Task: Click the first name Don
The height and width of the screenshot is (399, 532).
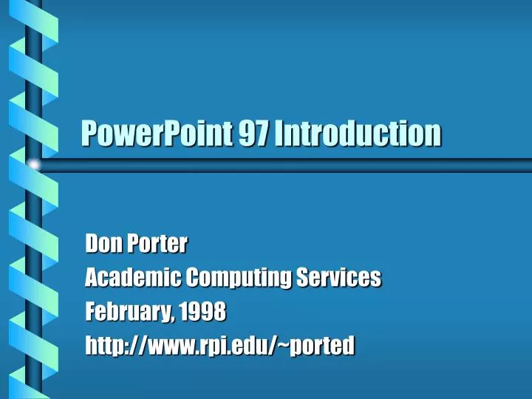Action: click(x=101, y=242)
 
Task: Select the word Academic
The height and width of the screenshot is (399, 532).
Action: click(x=133, y=277)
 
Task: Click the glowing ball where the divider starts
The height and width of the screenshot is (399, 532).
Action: click(x=33, y=164)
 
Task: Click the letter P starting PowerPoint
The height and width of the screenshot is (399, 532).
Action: click(x=89, y=133)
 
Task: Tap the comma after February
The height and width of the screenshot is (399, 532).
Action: click(x=172, y=316)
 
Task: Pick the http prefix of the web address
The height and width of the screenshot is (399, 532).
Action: click(x=103, y=344)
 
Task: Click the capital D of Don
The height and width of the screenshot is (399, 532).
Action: click(x=92, y=242)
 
